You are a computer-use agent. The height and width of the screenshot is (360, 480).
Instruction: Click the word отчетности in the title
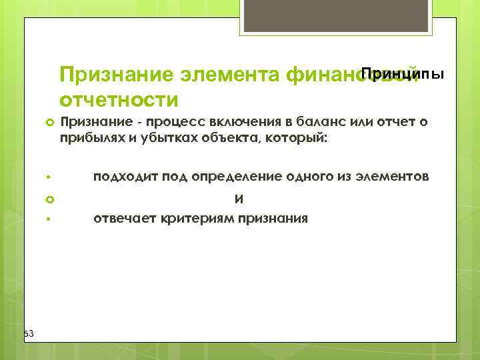(119, 100)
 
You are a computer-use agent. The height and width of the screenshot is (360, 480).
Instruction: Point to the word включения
(233, 123)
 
